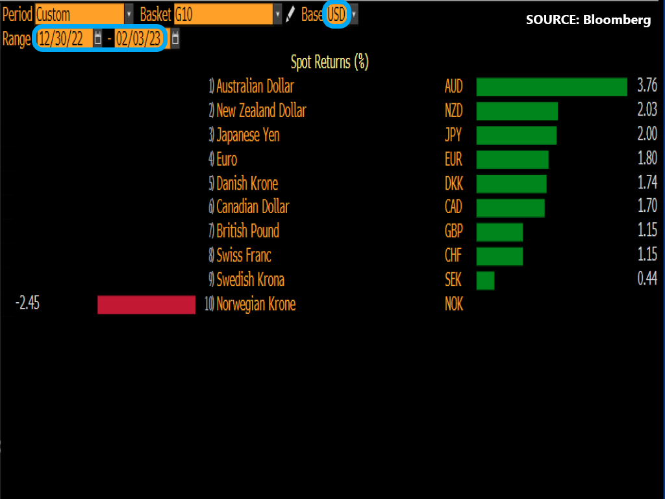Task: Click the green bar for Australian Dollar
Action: pyautogui.click(x=551, y=87)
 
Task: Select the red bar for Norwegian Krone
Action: pyautogui.click(x=146, y=304)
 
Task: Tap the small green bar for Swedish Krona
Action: pyautogui.click(x=485, y=280)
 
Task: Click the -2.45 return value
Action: pyautogui.click(x=28, y=303)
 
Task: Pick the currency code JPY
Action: pyautogui.click(x=453, y=135)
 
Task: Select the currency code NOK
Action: pyautogui.click(x=453, y=304)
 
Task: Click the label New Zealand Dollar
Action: pyautogui.click(x=261, y=111)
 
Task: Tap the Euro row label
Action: pyautogui.click(x=227, y=159)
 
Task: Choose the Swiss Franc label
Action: pyautogui.click(x=244, y=255)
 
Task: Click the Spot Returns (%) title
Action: pyautogui.click(x=329, y=62)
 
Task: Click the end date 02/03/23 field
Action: pyautogui.click(x=138, y=39)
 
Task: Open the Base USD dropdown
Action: pyautogui.click(x=337, y=14)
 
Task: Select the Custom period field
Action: pyautogui.click(x=79, y=14)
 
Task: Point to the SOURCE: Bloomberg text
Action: pyautogui.click(x=588, y=20)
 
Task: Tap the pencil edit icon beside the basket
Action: pyautogui.click(x=291, y=14)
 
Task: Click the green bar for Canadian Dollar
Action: pyautogui.click(x=510, y=208)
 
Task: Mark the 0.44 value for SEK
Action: pyautogui.click(x=647, y=279)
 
